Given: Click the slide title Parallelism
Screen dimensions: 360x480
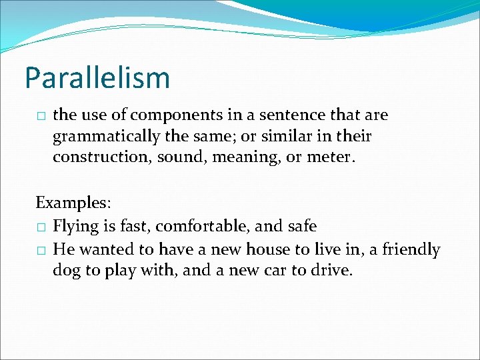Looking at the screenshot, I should tap(97, 78).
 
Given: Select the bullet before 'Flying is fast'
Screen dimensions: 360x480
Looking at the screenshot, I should tap(41, 227).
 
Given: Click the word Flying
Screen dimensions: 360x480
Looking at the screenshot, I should tap(75, 227).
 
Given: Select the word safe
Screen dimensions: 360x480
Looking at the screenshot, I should tap(301, 226).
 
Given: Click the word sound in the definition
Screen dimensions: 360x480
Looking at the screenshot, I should tap(177, 157).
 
